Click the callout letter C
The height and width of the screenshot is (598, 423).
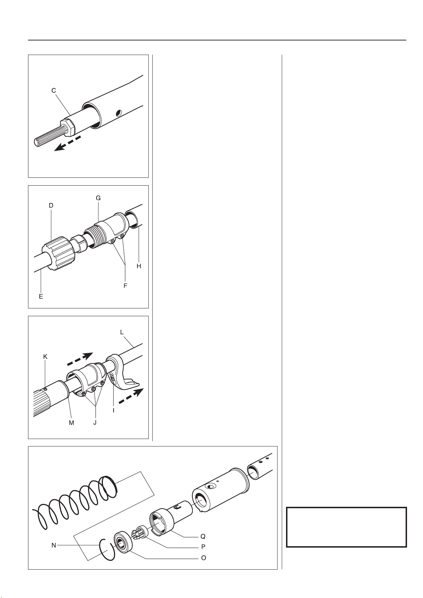click(54, 91)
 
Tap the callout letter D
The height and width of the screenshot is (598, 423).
click(51, 205)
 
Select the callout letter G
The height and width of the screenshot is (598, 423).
click(98, 198)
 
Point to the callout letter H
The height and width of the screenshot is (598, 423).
click(139, 266)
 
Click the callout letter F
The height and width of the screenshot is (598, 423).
click(125, 286)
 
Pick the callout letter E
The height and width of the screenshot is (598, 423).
click(41, 297)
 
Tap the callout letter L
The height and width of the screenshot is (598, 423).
click(122, 333)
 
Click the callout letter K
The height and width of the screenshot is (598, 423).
click(45, 357)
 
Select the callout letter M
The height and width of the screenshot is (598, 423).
click(71, 423)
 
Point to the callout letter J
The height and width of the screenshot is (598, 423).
click(95, 423)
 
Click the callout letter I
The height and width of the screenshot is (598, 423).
click(114, 411)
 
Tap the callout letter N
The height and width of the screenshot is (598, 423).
click(54, 545)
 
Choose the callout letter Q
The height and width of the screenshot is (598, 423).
click(203, 536)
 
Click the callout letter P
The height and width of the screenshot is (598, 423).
click(203, 547)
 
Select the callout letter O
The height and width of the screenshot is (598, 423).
click(203, 558)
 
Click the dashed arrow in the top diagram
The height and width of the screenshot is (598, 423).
click(67, 143)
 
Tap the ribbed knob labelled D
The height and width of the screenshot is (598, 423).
click(59, 253)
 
